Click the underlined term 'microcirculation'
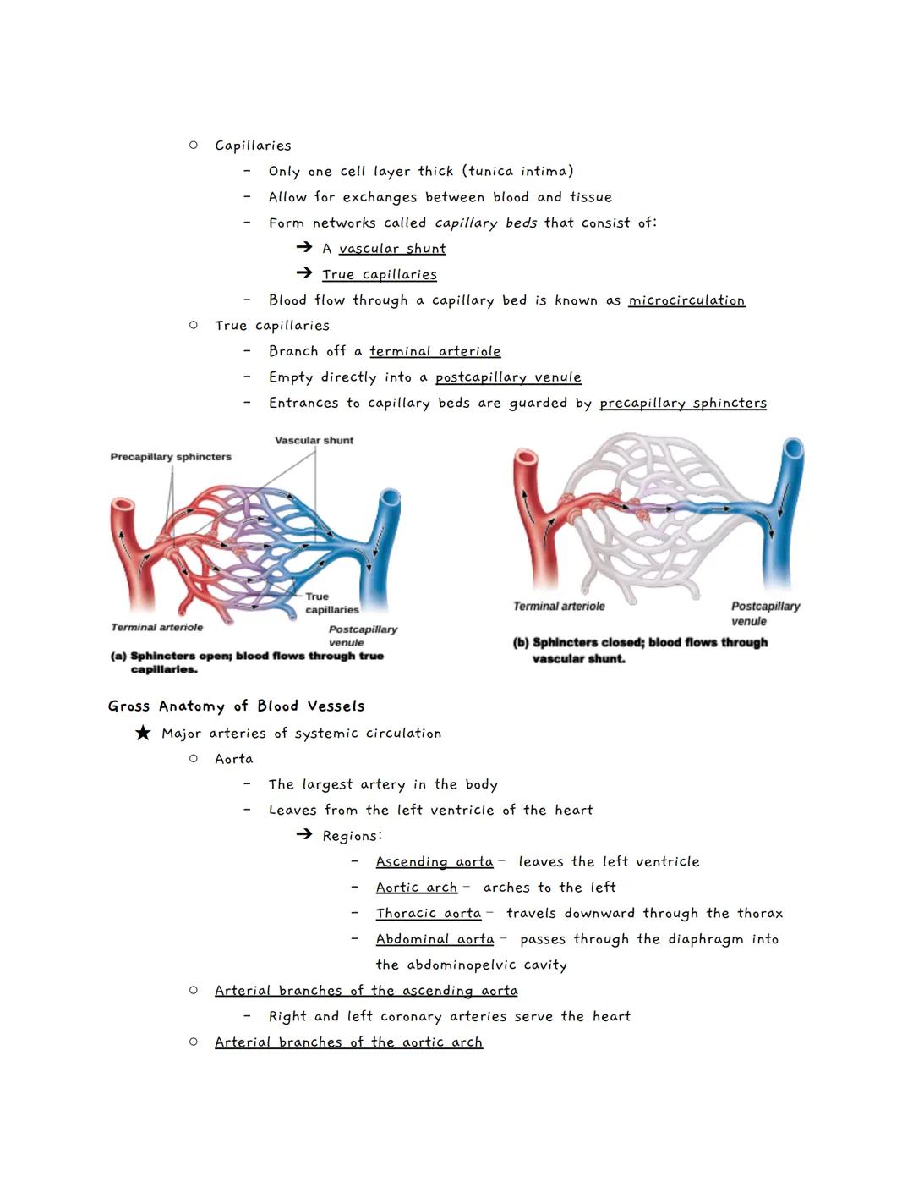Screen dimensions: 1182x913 pos(686,300)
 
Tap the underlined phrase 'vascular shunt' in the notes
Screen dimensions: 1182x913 pos(392,249)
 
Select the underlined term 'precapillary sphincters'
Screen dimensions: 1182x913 pos(683,404)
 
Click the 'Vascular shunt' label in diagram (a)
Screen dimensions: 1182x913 pos(314,440)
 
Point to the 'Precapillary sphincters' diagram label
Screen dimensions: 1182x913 pos(171,457)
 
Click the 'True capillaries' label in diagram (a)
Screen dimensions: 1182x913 pos(331,603)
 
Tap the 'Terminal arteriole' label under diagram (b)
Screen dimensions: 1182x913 pos(559,607)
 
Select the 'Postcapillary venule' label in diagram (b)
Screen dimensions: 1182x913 pos(765,613)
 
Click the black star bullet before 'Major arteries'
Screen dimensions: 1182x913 pos(143,733)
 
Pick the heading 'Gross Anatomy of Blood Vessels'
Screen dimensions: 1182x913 pos(236,706)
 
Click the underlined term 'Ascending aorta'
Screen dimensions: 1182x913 pos(435,861)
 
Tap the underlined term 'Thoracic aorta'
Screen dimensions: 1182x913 pos(429,914)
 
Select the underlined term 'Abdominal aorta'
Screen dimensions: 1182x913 pos(435,939)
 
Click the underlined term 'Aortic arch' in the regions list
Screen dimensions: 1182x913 pos(417,888)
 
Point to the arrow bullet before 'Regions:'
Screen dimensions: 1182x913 pos(304,835)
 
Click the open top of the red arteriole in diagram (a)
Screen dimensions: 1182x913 pos(123,507)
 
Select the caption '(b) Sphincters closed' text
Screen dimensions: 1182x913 pos(640,651)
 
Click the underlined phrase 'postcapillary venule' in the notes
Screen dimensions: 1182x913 pos(508,377)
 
